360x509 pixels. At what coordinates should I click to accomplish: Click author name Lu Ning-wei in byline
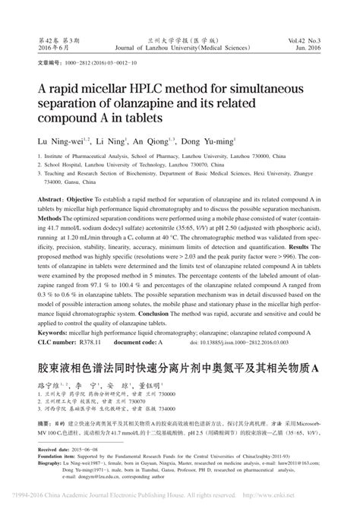point(56,141)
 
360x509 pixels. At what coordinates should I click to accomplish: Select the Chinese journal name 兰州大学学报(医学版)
point(181,37)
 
